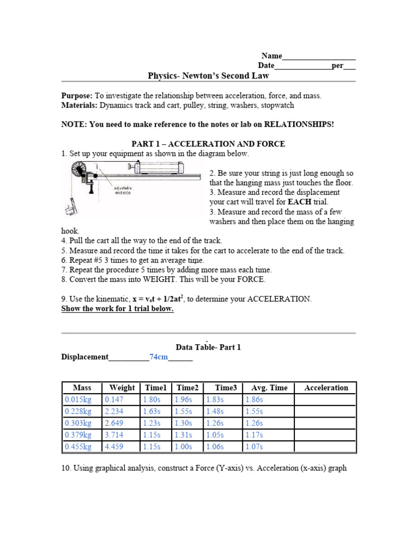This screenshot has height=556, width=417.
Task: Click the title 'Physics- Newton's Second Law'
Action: [208, 76]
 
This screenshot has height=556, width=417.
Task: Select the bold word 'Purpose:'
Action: [77, 96]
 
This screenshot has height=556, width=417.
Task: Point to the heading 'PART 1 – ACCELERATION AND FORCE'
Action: [208, 144]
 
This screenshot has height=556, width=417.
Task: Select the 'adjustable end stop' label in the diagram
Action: [124, 190]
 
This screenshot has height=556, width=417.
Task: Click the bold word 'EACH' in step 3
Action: [299, 201]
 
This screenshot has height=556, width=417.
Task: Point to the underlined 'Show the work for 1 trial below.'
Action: [117, 309]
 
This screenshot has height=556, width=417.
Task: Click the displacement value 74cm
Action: [159, 357]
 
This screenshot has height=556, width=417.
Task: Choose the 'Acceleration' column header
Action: [326, 388]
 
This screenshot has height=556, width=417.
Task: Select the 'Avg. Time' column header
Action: [269, 388]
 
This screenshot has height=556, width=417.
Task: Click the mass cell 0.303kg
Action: [78, 423]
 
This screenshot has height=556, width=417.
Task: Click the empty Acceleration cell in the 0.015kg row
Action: [326, 400]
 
